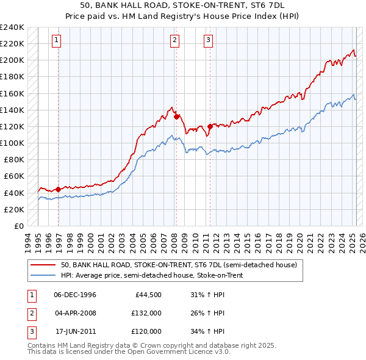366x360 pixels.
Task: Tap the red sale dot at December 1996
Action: click(58, 189)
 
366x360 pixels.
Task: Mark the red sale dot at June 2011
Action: click(209, 126)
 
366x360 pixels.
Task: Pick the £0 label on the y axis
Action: click(18, 226)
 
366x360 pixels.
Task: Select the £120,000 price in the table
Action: click(146, 331)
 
